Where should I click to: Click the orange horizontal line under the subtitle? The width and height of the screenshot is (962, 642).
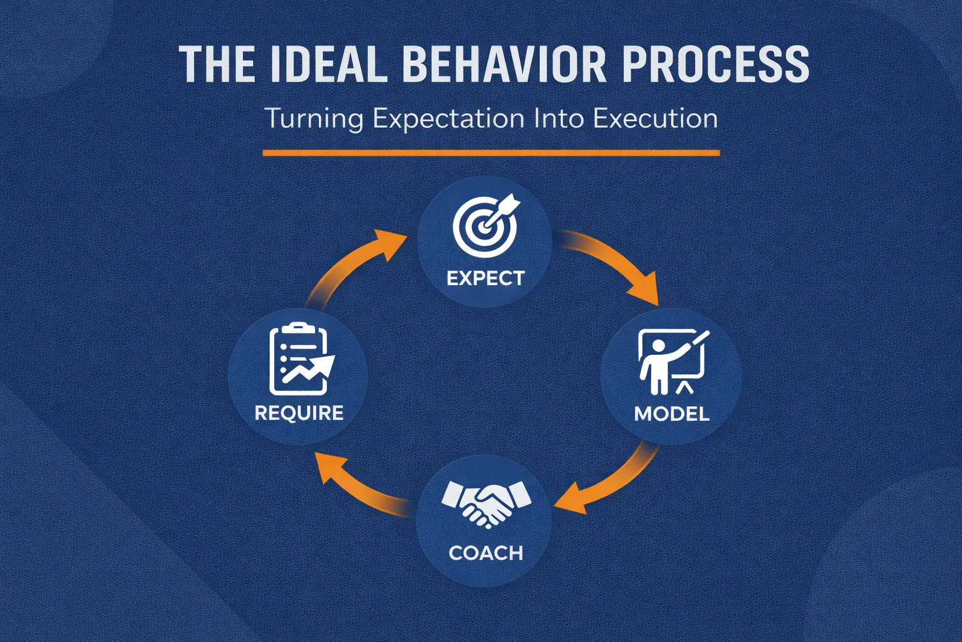point(491,152)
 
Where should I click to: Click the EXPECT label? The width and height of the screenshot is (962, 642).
point(485,278)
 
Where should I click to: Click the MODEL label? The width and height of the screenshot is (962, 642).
point(671,414)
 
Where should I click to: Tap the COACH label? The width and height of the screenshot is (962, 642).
point(486,553)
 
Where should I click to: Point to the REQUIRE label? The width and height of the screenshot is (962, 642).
point(299,413)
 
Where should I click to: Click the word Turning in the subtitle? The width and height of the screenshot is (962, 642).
point(314,118)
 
